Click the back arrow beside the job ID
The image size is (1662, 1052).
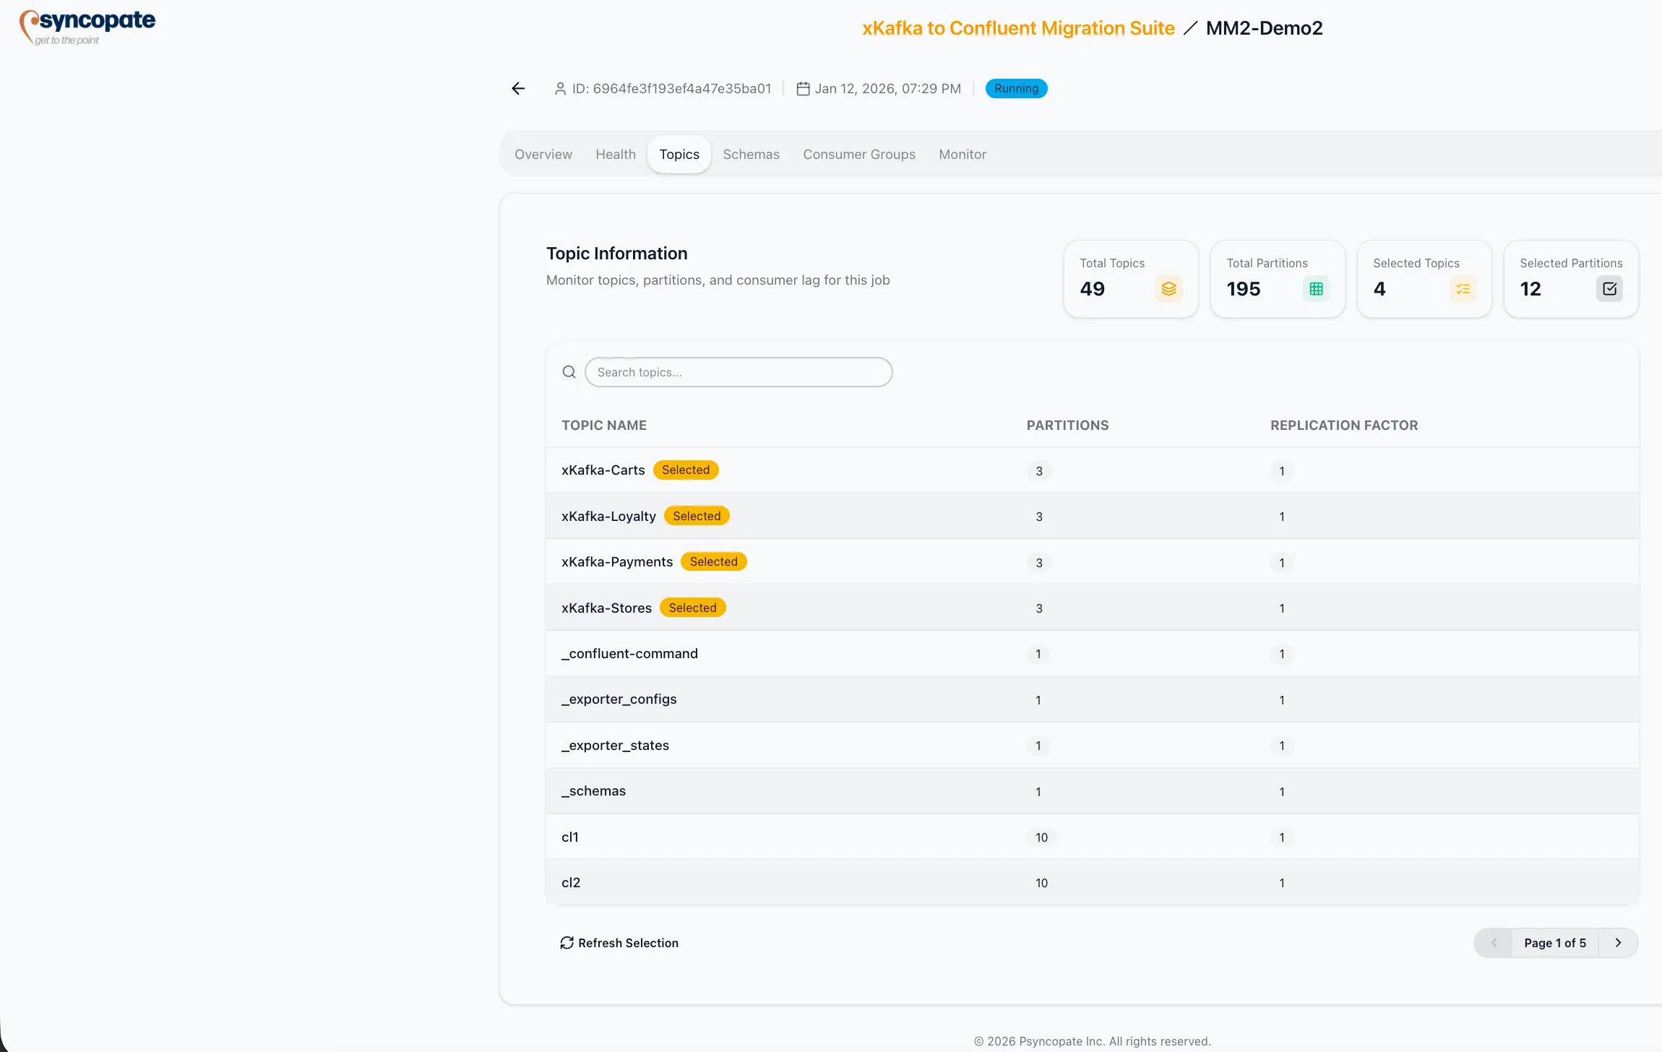pyautogui.click(x=518, y=88)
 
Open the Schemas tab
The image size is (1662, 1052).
pyautogui.click(x=751, y=154)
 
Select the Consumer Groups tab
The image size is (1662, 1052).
pyautogui.click(x=858, y=154)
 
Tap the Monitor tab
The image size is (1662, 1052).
pyautogui.click(x=962, y=154)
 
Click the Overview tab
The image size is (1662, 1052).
pyautogui.click(x=543, y=154)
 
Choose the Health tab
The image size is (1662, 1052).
pyautogui.click(x=615, y=154)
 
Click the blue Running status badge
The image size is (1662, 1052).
pyautogui.click(x=1015, y=88)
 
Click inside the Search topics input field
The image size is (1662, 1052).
pyautogui.click(x=738, y=372)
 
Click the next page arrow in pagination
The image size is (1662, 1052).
pyautogui.click(x=1618, y=943)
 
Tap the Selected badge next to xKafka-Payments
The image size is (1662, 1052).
pyautogui.click(x=713, y=561)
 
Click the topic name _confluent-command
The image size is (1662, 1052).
pyautogui.click(x=629, y=653)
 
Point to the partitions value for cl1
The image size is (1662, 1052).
pyautogui.click(x=1041, y=837)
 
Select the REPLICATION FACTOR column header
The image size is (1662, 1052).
pyautogui.click(x=1343, y=425)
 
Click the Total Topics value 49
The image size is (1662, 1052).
pyautogui.click(x=1092, y=289)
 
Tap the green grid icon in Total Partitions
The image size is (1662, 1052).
pyautogui.click(x=1316, y=289)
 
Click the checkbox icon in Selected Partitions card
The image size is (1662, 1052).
pyautogui.click(x=1609, y=289)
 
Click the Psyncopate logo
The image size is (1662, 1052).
pyautogui.click(x=87, y=27)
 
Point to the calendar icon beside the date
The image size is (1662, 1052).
pyautogui.click(x=802, y=88)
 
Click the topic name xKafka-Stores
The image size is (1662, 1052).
pyautogui.click(x=606, y=608)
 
